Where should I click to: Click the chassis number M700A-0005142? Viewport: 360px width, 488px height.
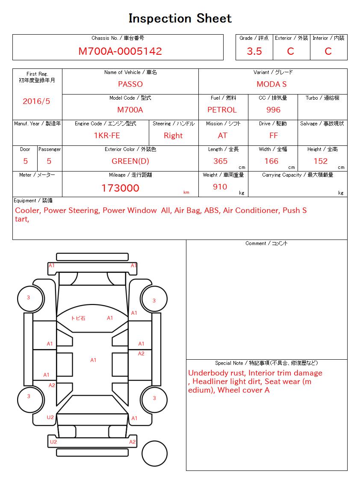click(x=120, y=51)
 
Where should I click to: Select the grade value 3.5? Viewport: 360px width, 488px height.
click(x=254, y=51)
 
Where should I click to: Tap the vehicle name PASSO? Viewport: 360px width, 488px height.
click(x=130, y=84)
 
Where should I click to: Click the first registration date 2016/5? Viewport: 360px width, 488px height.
click(x=36, y=101)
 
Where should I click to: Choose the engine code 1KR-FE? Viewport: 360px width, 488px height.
click(x=107, y=136)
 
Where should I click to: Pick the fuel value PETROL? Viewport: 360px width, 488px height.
click(x=222, y=110)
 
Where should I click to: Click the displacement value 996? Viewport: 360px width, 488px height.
click(x=273, y=110)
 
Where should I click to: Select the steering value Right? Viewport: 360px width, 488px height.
click(x=173, y=136)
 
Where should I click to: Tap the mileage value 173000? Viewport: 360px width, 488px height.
click(x=120, y=188)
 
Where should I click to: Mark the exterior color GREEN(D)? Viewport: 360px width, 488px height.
click(x=130, y=161)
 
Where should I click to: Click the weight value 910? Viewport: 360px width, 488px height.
click(x=220, y=187)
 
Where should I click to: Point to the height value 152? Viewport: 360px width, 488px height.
click(x=320, y=161)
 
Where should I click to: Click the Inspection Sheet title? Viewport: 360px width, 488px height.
click(x=180, y=18)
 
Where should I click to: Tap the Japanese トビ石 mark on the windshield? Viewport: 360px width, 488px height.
click(x=78, y=318)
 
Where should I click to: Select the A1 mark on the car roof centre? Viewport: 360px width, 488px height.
click(x=93, y=360)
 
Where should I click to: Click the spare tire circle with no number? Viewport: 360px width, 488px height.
click(x=154, y=453)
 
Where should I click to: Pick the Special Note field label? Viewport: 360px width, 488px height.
click(x=266, y=363)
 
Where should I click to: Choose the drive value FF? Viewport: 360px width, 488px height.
click(x=274, y=136)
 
